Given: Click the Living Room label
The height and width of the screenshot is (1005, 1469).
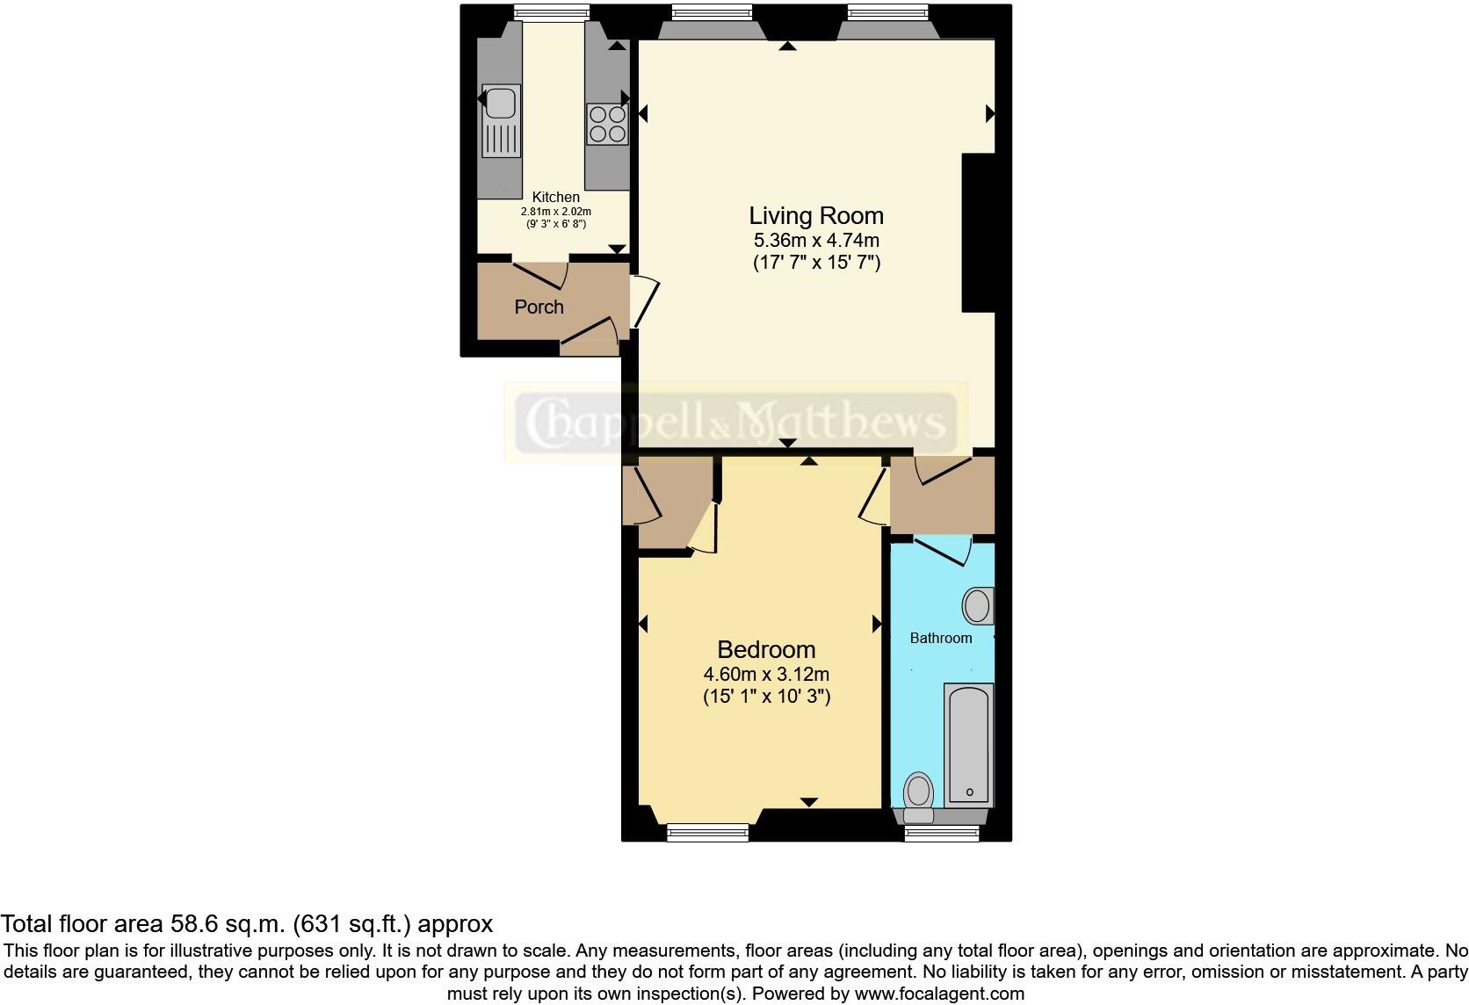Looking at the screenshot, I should (815, 215).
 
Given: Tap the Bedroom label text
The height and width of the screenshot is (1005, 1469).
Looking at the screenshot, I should (766, 649).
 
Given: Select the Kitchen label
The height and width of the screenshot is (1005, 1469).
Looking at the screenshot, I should (555, 197).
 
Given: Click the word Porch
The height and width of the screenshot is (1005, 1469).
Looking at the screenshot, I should (539, 307).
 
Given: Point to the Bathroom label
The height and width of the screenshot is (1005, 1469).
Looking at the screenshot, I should (940, 638).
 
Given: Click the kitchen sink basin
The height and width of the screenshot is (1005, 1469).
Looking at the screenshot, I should (500, 104).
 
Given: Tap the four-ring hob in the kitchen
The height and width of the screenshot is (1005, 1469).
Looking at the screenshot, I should (607, 124).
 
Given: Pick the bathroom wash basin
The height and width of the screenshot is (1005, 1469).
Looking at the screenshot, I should (977, 606).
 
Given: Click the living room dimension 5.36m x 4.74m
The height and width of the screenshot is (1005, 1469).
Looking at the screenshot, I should (815, 240).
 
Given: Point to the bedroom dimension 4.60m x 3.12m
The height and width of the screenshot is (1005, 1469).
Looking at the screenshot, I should (766, 675).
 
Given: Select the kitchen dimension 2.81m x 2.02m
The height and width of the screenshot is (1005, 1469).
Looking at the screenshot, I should (555, 212).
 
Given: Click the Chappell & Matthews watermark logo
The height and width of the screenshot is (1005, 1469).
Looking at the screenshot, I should (734, 423).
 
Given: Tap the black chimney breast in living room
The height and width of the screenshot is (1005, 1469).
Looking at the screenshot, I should (979, 233).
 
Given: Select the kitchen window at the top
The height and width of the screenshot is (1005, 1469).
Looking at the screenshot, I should (551, 11).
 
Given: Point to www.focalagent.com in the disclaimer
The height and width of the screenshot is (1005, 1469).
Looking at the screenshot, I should (939, 994).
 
